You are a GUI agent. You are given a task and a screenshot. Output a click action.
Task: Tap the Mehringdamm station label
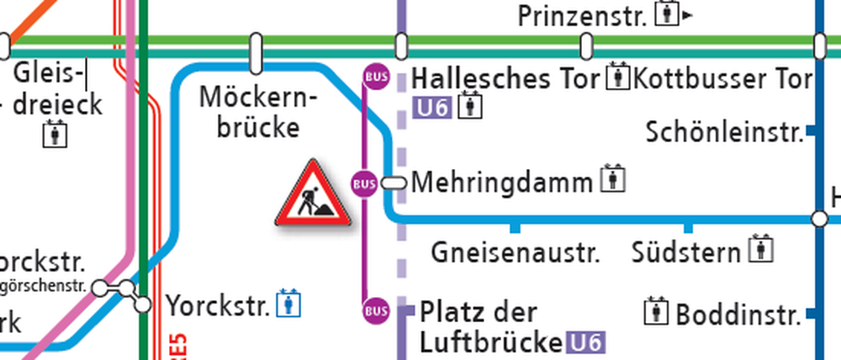pos(502,182)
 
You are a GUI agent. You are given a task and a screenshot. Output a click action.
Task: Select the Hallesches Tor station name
pos(507,79)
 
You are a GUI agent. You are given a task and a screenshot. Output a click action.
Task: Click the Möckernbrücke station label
pos(258,113)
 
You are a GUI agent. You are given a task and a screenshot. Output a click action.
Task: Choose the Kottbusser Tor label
pos(722,79)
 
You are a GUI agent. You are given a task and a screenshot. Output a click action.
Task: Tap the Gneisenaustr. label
pos(516,252)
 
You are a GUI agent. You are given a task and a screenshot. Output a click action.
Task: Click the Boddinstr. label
pos(737,315)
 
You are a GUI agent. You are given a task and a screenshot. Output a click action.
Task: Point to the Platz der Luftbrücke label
pos(489,326)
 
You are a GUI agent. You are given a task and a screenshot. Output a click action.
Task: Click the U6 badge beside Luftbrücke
pos(584,342)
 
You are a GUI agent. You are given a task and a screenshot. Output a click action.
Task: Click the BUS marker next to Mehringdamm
pos(364,183)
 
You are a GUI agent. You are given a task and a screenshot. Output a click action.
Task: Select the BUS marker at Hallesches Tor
pos(376,77)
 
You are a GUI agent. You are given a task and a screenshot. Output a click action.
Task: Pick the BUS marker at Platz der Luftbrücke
pos(376,310)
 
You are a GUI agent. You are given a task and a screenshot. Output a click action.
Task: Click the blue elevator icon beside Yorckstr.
pos(291,303)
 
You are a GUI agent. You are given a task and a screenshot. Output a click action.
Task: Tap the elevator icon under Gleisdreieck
pos(56,135)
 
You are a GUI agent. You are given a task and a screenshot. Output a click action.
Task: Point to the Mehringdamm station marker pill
pos(393,183)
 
